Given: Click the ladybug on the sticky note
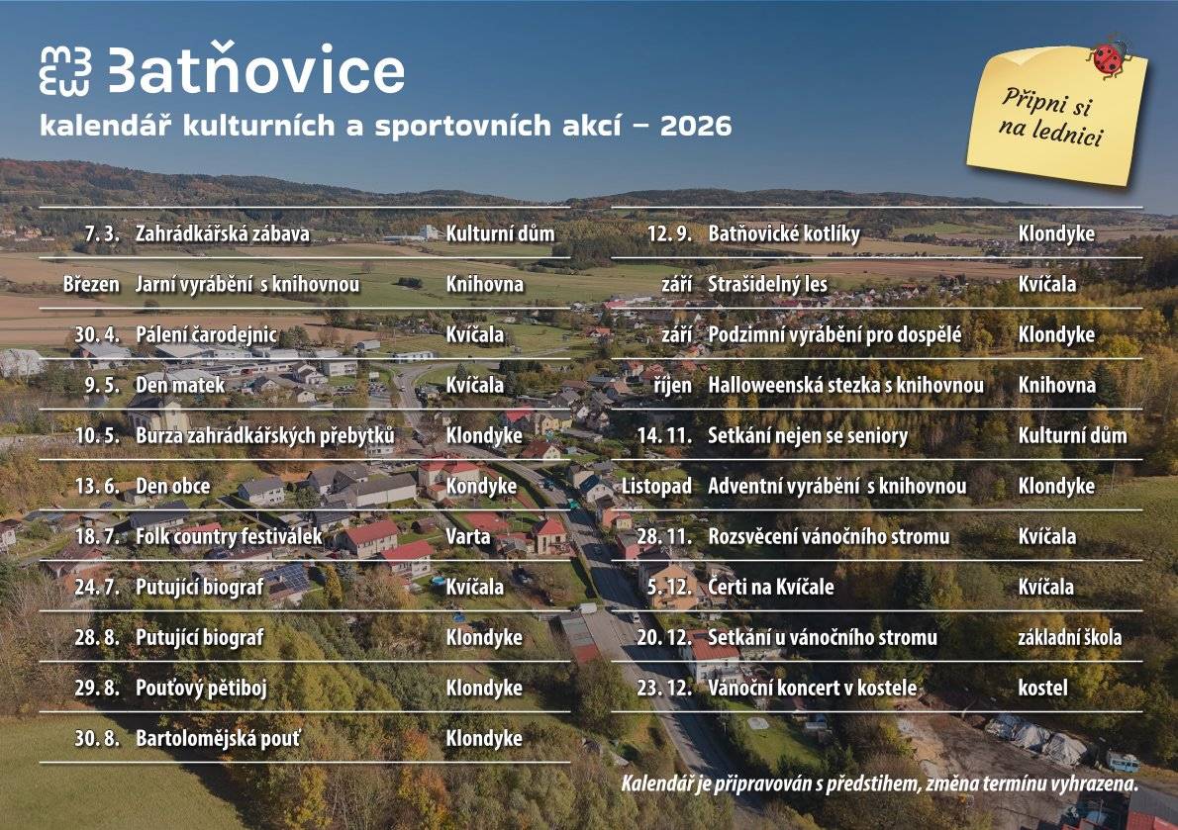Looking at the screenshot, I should [x=1108, y=57].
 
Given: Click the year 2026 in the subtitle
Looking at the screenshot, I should [x=696, y=127].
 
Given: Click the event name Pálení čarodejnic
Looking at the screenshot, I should [x=206, y=334].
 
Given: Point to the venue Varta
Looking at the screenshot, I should [x=468, y=536].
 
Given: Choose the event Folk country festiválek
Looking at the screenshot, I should [x=229, y=536].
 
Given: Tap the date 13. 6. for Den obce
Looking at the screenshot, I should [x=97, y=486].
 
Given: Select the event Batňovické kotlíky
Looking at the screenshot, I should [x=784, y=234].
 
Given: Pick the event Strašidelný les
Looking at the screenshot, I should [x=767, y=285].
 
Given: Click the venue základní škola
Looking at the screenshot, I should [x=1070, y=637].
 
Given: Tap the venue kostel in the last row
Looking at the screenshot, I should [x=1042, y=688].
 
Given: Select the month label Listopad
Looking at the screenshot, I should [x=656, y=486].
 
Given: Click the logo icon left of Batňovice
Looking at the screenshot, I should [x=65, y=71].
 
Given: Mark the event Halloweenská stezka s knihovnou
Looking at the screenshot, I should [x=845, y=385].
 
